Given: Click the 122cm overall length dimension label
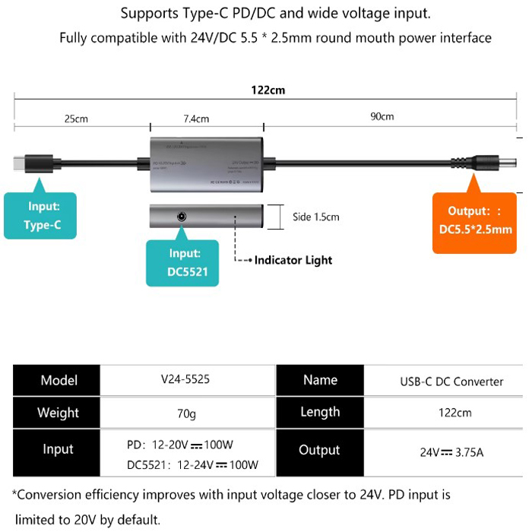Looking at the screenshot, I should [268, 90].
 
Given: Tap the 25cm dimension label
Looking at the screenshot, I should [75, 118].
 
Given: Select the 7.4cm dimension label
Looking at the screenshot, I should [196, 119].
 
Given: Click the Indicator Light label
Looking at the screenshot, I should [293, 260].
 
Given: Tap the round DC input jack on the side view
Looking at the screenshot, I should [182, 217].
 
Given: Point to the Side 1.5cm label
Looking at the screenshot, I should [315, 217].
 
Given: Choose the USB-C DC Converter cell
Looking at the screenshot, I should [451, 381].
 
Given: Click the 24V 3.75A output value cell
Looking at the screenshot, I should [451, 452].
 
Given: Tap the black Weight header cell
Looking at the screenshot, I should [58, 413].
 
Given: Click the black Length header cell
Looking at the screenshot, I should [320, 413].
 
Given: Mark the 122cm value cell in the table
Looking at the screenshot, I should [451, 413].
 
